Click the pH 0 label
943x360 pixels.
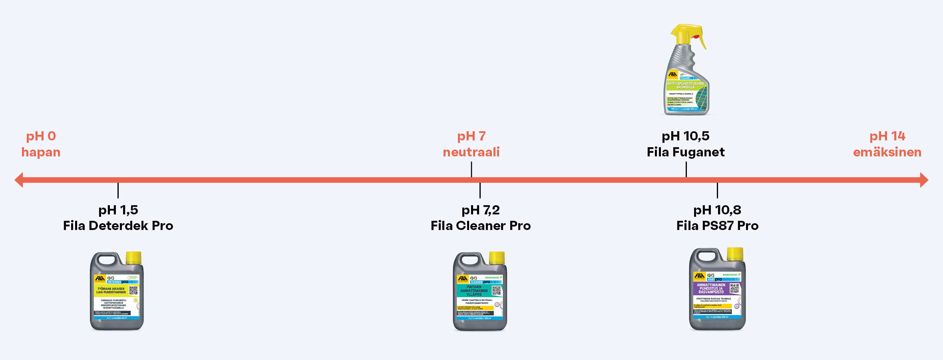(41, 136)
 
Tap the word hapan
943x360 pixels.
(41, 152)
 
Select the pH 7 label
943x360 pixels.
(471, 136)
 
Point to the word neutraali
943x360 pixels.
(471, 152)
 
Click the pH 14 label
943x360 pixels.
(887, 136)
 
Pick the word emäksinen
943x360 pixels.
(887, 152)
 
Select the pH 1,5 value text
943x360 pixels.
(118, 210)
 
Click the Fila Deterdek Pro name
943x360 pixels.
(118, 226)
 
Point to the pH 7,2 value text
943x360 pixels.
(481, 210)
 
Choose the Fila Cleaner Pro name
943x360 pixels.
(481, 226)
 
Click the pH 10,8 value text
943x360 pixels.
(717, 210)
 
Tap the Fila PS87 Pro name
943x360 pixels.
(717, 226)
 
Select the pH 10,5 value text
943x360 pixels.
(686, 136)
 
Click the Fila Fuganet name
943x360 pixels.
(686, 152)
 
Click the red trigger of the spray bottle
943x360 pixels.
(696, 37)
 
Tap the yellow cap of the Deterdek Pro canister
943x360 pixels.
(133, 258)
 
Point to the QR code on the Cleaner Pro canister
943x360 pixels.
(496, 291)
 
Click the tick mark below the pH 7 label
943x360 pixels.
(471, 169)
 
